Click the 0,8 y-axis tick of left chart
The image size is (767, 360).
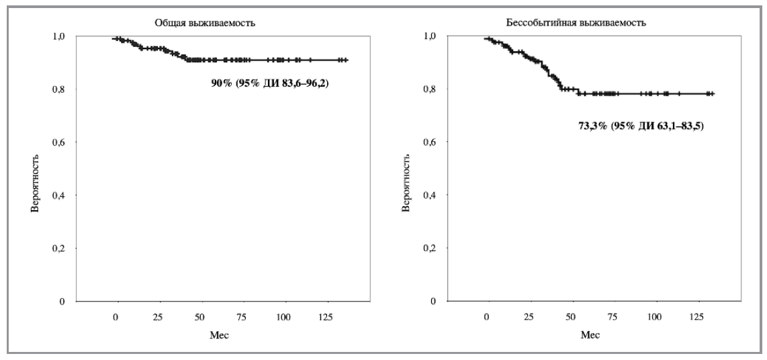(x=58, y=89)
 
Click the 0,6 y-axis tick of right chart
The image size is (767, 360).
(x=430, y=142)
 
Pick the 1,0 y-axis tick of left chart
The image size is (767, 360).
(x=58, y=36)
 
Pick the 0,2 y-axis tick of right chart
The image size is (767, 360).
(x=430, y=249)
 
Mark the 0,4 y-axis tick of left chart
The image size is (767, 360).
(x=58, y=195)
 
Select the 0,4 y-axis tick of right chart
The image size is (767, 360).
(x=430, y=195)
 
